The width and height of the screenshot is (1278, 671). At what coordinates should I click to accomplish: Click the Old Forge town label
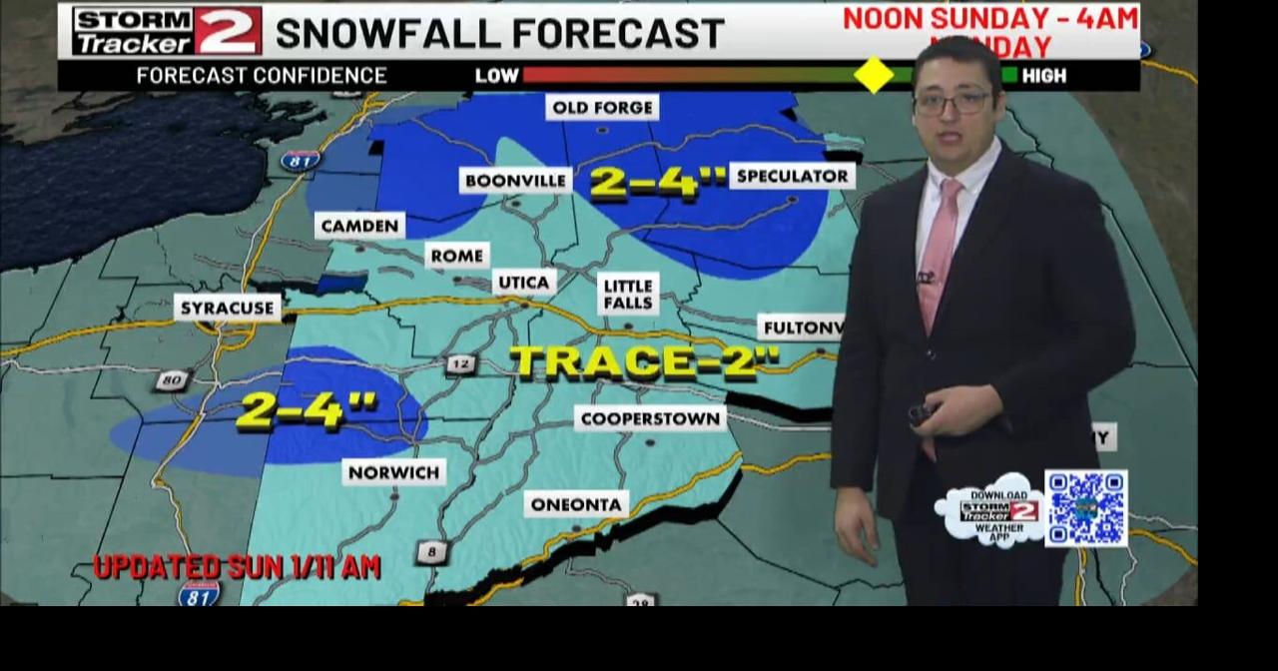(602, 107)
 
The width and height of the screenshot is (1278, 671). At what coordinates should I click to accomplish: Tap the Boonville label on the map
(515, 180)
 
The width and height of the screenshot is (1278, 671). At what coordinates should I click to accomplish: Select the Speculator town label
(792, 176)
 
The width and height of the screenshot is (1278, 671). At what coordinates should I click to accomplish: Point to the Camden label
(359, 226)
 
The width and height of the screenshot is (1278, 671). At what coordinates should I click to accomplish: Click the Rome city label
(457, 256)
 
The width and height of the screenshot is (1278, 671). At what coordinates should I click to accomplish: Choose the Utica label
(524, 283)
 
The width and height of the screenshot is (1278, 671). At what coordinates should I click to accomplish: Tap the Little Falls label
(629, 295)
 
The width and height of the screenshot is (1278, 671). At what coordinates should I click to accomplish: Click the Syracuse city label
(227, 308)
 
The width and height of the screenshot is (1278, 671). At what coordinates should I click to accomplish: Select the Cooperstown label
(650, 418)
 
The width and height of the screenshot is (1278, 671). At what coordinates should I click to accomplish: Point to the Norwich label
(393, 471)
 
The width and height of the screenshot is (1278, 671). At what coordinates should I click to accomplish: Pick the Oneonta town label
(576, 504)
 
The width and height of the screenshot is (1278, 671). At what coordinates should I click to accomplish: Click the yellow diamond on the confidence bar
(874, 75)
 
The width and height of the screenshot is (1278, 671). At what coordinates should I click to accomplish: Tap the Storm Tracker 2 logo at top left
(167, 31)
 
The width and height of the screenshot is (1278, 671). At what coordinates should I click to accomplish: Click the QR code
(1085, 508)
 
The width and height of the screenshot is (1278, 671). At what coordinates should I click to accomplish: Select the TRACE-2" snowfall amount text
(645, 361)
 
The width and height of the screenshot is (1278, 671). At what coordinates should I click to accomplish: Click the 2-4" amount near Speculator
(658, 183)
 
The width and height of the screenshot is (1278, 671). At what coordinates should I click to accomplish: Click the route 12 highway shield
(459, 364)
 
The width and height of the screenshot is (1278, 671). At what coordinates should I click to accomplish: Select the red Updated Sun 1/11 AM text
(237, 567)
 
